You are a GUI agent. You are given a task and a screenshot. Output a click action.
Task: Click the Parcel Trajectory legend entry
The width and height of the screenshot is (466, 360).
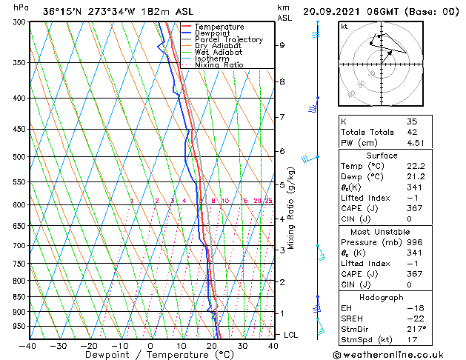tap(228, 39)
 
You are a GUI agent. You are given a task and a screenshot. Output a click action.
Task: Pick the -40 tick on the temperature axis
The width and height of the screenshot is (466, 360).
tap(28, 345)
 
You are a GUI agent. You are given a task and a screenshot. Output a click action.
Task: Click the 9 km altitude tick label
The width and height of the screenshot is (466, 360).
tap(282, 45)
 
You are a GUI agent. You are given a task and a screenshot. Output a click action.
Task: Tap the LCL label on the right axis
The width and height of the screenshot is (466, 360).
tap(290, 336)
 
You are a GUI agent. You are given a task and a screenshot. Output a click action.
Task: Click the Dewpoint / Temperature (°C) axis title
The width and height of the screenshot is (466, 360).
tap(151, 355)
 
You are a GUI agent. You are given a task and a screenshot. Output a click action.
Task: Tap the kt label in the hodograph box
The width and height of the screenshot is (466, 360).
tap(344, 27)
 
